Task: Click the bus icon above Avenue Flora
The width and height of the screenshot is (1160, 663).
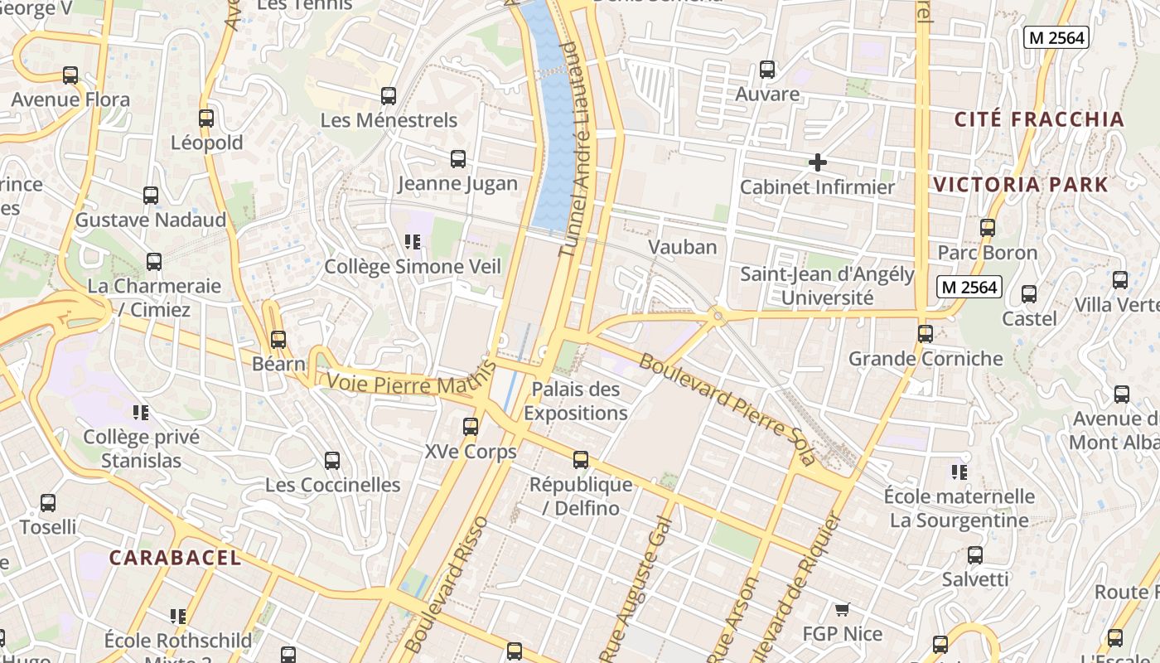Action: tap(70, 75)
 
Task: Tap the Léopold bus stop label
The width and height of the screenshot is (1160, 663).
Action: tap(207, 143)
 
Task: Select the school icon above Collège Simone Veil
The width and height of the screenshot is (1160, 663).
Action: tap(412, 242)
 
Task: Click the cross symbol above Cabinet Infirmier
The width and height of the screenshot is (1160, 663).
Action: tap(817, 162)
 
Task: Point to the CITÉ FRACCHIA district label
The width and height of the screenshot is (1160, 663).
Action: tap(1039, 119)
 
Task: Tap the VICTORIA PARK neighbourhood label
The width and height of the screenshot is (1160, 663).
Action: tap(1021, 184)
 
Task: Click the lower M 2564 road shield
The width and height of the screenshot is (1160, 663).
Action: tap(969, 287)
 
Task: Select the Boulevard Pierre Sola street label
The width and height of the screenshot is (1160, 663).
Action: tap(727, 409)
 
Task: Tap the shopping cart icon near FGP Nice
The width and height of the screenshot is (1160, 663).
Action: tap(842, 610)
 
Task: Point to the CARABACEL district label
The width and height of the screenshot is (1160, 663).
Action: tap(175, 558)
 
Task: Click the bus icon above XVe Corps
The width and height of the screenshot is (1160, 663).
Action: tap(471, 427)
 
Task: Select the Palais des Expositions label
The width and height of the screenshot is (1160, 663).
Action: tap(576, 400)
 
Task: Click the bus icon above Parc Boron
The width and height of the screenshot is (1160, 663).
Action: tap(987, 227)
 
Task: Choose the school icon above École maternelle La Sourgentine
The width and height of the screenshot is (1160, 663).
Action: tap(959, 472)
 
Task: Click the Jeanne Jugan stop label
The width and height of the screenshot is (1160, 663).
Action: tap(457, 184)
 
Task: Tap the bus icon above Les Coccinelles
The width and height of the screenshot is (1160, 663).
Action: tap(332, 460)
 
